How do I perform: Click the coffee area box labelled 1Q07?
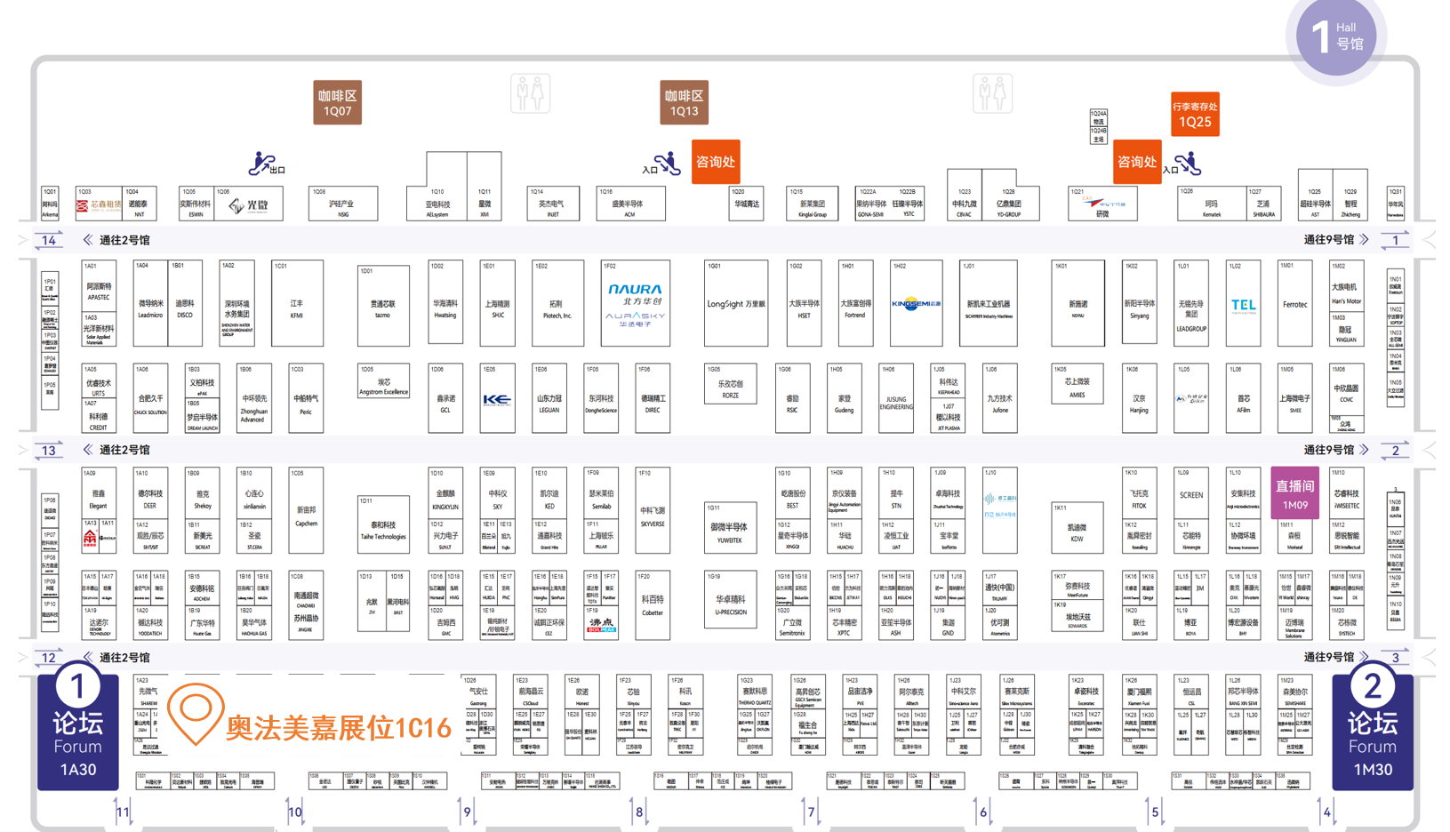click(337, 102)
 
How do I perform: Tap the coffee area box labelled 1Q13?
click(684, 102)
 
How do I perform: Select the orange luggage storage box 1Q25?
click(1195, 114)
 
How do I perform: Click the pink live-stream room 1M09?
click(1294, 492)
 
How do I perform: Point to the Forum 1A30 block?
click(77, 732)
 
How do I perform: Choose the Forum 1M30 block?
click(1372, 732)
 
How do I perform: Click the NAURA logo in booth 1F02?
click(635, 290)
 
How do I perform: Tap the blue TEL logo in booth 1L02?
click(1243, 306)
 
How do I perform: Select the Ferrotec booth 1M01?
click(1294, 304)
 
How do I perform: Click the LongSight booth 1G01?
click(735, 304)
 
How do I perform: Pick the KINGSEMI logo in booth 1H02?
click(916, 304)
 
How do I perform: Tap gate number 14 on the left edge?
click(49, 240)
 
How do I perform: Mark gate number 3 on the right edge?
click(1395, 658)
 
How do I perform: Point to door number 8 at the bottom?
click(638, 812)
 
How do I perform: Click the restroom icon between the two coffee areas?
click(531, 93)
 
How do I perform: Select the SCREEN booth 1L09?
click(1190, 495)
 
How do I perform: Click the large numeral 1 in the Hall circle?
click(1320, 37)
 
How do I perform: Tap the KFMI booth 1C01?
click(297, 304)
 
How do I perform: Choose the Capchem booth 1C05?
click(306, 511)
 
